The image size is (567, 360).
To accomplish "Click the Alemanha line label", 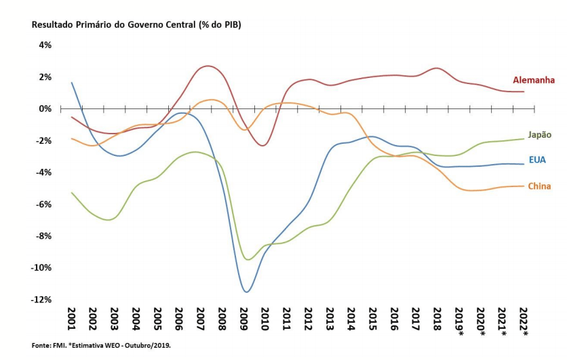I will coord(533,80).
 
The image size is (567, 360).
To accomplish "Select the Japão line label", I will coord(539,135).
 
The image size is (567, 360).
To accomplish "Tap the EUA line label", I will coord(536,160).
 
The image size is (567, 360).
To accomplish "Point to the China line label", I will coord(540,186).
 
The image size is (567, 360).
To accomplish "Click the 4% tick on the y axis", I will coord(45,45).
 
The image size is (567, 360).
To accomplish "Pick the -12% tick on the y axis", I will coord(42,300).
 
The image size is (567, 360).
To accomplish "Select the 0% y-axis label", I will coord(45,108).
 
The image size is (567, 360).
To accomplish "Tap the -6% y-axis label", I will coord(43,204).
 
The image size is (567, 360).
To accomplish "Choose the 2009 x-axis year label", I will coord(243,318).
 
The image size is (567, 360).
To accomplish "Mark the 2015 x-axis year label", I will coord(373,318).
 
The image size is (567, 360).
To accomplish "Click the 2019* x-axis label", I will coord(460,321).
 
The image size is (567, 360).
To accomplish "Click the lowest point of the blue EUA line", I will coord(246,292).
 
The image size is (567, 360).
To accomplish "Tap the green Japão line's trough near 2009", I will coord(248,260).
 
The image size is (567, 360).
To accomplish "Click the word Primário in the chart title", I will coord(92,25).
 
